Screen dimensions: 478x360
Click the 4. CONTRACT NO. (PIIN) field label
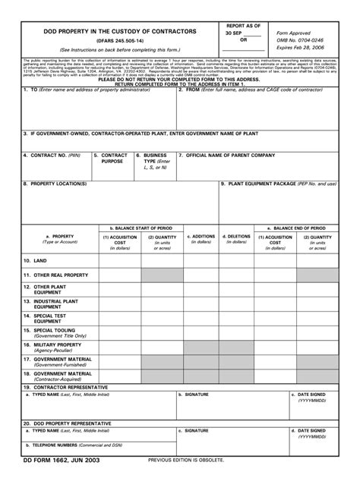click(x=52, y=155)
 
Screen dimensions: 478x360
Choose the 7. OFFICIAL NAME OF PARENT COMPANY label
click(x=226, y=155)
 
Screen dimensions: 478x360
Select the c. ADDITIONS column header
click(x=201, y=236)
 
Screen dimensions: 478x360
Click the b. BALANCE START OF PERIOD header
click(x=141, y=228)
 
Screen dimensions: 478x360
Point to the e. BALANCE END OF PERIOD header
click(x=295, y=228)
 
